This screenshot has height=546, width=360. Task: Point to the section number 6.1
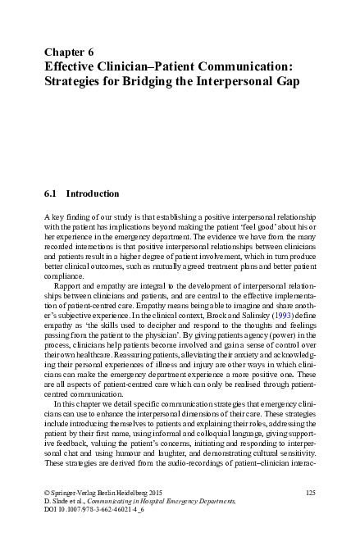50,194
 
